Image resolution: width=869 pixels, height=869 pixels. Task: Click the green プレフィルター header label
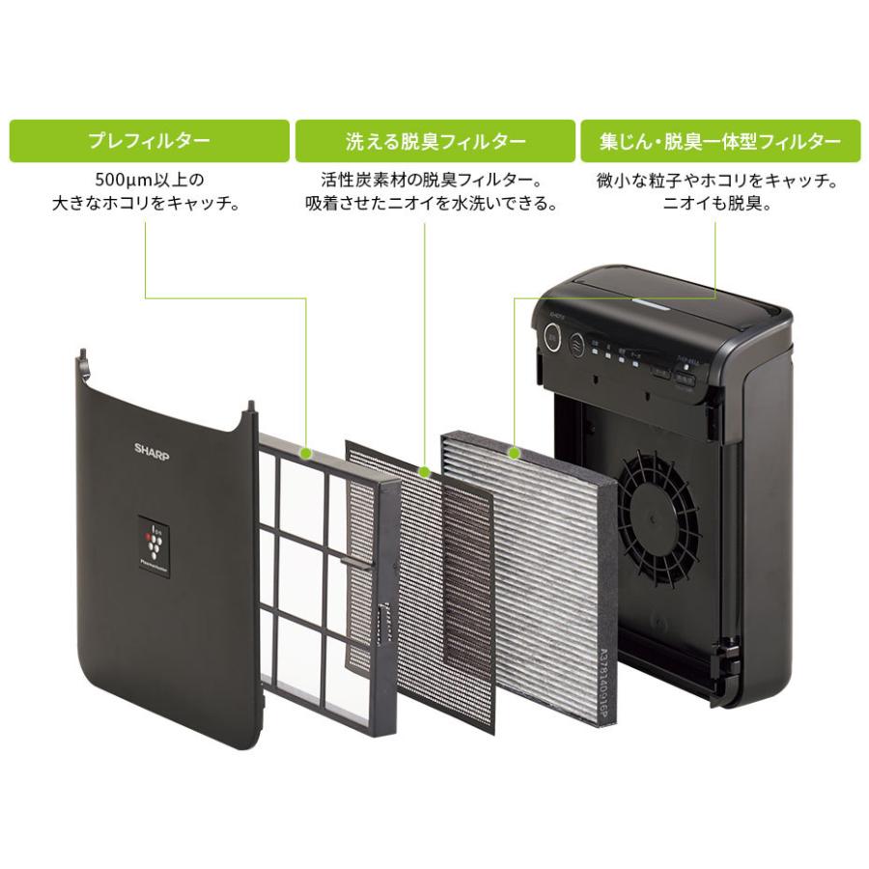click(149, 141)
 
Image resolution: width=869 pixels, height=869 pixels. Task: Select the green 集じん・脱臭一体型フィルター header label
click(719, 141)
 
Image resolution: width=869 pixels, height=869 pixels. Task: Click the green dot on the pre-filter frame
click(306, 452)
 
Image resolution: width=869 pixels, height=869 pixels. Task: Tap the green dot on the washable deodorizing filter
click(425, 470)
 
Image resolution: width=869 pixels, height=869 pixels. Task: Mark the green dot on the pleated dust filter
click(515, 452)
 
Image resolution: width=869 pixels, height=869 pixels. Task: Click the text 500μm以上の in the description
click(151, 181)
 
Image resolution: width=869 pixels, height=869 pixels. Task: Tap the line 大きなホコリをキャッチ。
click(146, 205)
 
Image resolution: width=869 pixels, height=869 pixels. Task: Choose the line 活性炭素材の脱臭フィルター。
click(431, 181)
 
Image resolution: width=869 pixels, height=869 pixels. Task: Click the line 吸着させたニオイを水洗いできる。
click(431, 205)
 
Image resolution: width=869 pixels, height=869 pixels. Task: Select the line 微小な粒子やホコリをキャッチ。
click(715, 181)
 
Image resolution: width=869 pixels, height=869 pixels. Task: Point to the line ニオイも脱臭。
click(715, 205)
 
